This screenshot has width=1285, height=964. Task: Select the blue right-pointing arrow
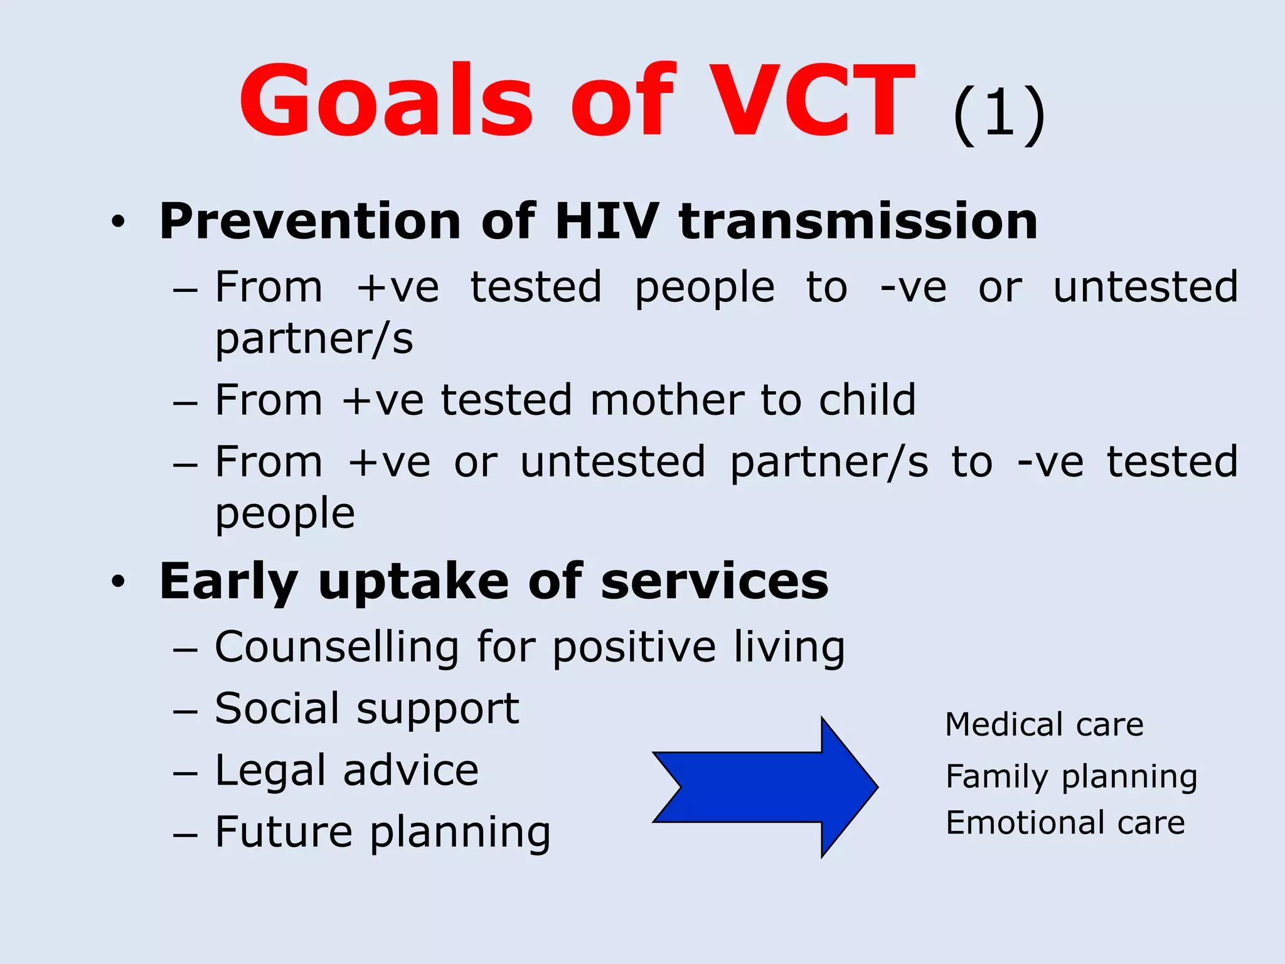click(x=765, y=787)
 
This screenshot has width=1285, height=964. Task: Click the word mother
click(x=667, y=400)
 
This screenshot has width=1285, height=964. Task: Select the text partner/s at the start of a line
click(x=314, y=340)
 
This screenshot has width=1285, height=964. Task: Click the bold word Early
click(x=228, y=582)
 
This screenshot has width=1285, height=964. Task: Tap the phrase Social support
click(x=367, y=709)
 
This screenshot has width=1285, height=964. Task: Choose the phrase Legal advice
click(x=346, y=771)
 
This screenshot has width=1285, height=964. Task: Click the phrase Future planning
click(x=383, y=832)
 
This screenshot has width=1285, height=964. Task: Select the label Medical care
click(x=1044, y=725)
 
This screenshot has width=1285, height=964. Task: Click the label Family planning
click(x=1071, y=777)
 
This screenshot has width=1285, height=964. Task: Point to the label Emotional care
click(x=1065, y=823)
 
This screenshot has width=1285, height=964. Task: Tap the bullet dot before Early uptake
click(x=118, y=582)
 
